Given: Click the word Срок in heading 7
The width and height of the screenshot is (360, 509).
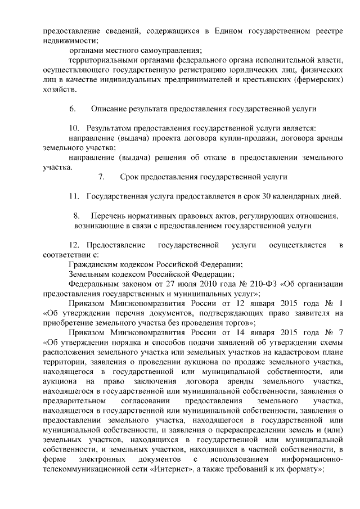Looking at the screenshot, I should pos(130,177).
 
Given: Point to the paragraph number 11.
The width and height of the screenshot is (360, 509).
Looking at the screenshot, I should pos(74,196).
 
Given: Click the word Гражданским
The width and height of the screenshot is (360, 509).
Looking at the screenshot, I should pos(95,264).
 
